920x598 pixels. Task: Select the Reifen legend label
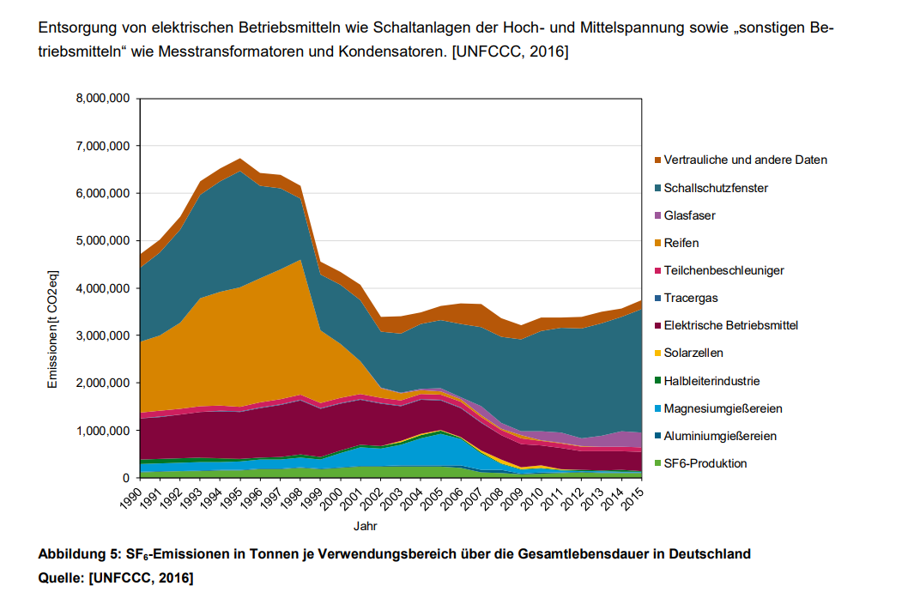[x=681, y=243]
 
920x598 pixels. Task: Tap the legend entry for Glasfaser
[x=689, y=215]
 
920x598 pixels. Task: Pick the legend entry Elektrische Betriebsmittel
[x=731, y=325]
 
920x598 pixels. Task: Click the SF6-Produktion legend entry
[x=705, y=463]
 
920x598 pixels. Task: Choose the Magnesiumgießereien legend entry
[x=723, y=408]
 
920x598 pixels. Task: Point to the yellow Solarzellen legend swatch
[x=657, y=353]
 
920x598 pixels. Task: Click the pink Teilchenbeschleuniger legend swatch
[x=657, y=271]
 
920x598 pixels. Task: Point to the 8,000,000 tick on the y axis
[x=102, y=99]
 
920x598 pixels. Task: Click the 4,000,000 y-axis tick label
[x=102, y=288]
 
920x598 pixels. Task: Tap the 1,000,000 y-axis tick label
[x=102, y=431]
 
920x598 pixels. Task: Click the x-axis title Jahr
[x=365, y=525]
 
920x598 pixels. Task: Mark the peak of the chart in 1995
[x=240, y=159]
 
